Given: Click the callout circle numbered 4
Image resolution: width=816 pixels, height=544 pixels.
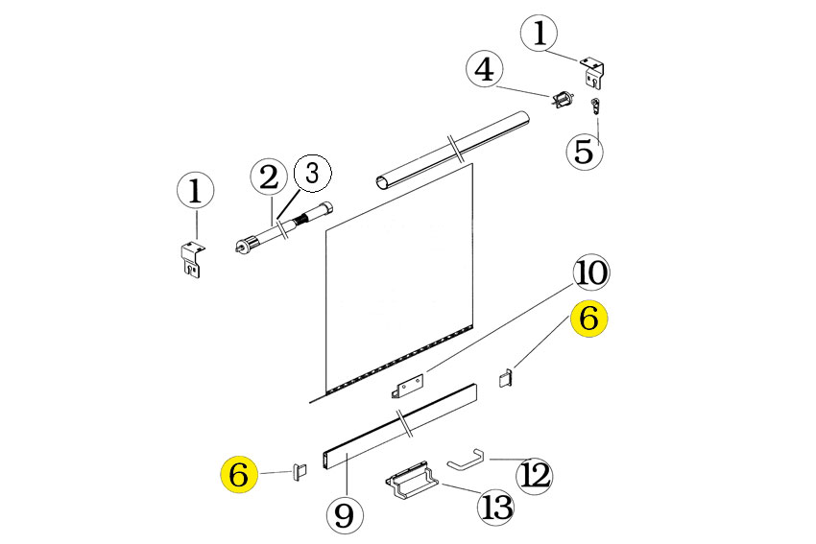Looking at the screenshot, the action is pos(485,69).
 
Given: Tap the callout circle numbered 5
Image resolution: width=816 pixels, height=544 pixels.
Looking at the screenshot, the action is pos(585,152).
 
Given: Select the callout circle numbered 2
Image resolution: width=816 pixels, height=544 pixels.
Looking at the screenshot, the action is pos(269,177).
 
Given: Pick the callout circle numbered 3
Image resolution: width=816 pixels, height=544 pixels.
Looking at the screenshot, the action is pos(313,174).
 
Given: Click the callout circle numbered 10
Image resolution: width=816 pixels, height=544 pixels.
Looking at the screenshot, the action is pos(591,273).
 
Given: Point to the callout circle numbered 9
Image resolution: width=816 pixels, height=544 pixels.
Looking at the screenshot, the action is pos(345,515).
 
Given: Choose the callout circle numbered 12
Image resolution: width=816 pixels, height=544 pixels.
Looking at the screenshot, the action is pos(535,475).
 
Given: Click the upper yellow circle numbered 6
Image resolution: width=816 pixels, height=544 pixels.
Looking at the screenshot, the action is pos(588,318).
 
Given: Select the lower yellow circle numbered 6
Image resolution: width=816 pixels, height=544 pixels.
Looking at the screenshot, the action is pos(239,475).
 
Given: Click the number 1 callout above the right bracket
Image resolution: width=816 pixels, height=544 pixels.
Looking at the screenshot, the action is pos(540,33).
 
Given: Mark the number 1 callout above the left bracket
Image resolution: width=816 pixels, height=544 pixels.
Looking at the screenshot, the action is pos(195,191).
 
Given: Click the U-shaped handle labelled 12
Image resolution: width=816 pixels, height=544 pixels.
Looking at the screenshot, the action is pos(466,460).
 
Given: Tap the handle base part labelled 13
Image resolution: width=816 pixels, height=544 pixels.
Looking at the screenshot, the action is pos(412,481).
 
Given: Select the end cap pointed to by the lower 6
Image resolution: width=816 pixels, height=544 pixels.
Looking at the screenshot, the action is pos(299,472).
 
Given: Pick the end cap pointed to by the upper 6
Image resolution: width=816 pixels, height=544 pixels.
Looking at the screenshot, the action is pos(506,378).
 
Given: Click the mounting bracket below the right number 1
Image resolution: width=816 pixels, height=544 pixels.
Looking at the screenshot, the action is pos(591,71).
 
